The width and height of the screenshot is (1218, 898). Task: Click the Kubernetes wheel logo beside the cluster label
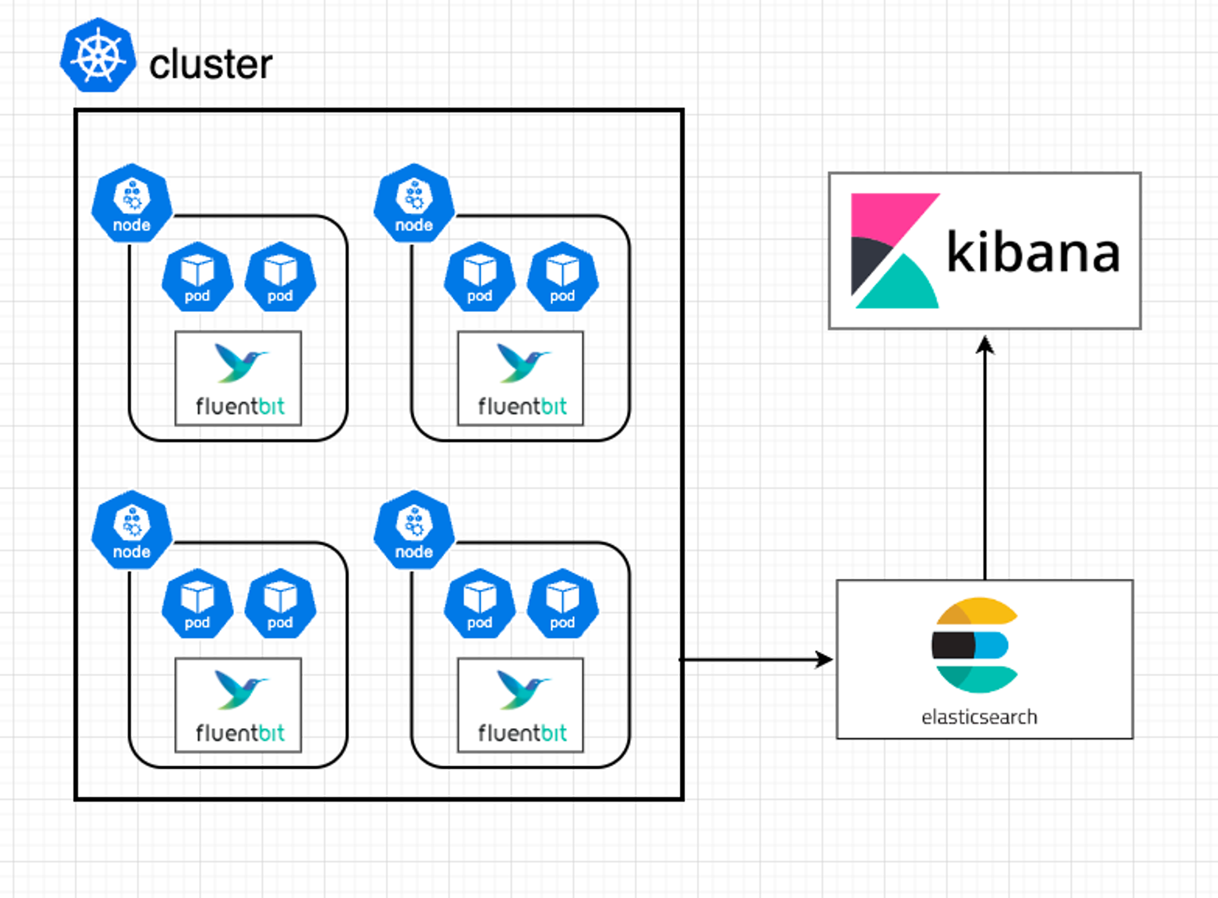97,56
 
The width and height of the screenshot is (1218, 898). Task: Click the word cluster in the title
211,65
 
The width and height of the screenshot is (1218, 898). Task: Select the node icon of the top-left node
132,203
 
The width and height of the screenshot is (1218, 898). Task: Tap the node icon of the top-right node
414,203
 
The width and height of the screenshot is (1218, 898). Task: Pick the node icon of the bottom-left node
132,530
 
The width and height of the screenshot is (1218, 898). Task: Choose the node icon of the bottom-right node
414,530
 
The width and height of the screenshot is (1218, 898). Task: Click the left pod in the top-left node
197,277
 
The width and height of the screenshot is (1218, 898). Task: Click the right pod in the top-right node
562,277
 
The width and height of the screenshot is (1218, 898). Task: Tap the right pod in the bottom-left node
280,604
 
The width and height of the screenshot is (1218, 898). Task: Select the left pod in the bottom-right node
480,604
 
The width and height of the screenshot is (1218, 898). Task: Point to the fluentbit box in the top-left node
238,378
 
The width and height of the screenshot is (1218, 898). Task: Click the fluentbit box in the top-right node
521,378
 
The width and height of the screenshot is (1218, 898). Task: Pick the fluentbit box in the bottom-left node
238,705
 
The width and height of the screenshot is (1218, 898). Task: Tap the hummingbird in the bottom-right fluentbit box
523,689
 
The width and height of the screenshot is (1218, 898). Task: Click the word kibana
1033,252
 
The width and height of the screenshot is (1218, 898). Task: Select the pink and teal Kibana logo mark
894,251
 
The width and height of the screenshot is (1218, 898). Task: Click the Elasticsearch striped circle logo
975,645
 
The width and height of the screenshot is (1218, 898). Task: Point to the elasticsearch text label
979,717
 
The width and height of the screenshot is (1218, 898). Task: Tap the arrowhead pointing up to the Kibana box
985,344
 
